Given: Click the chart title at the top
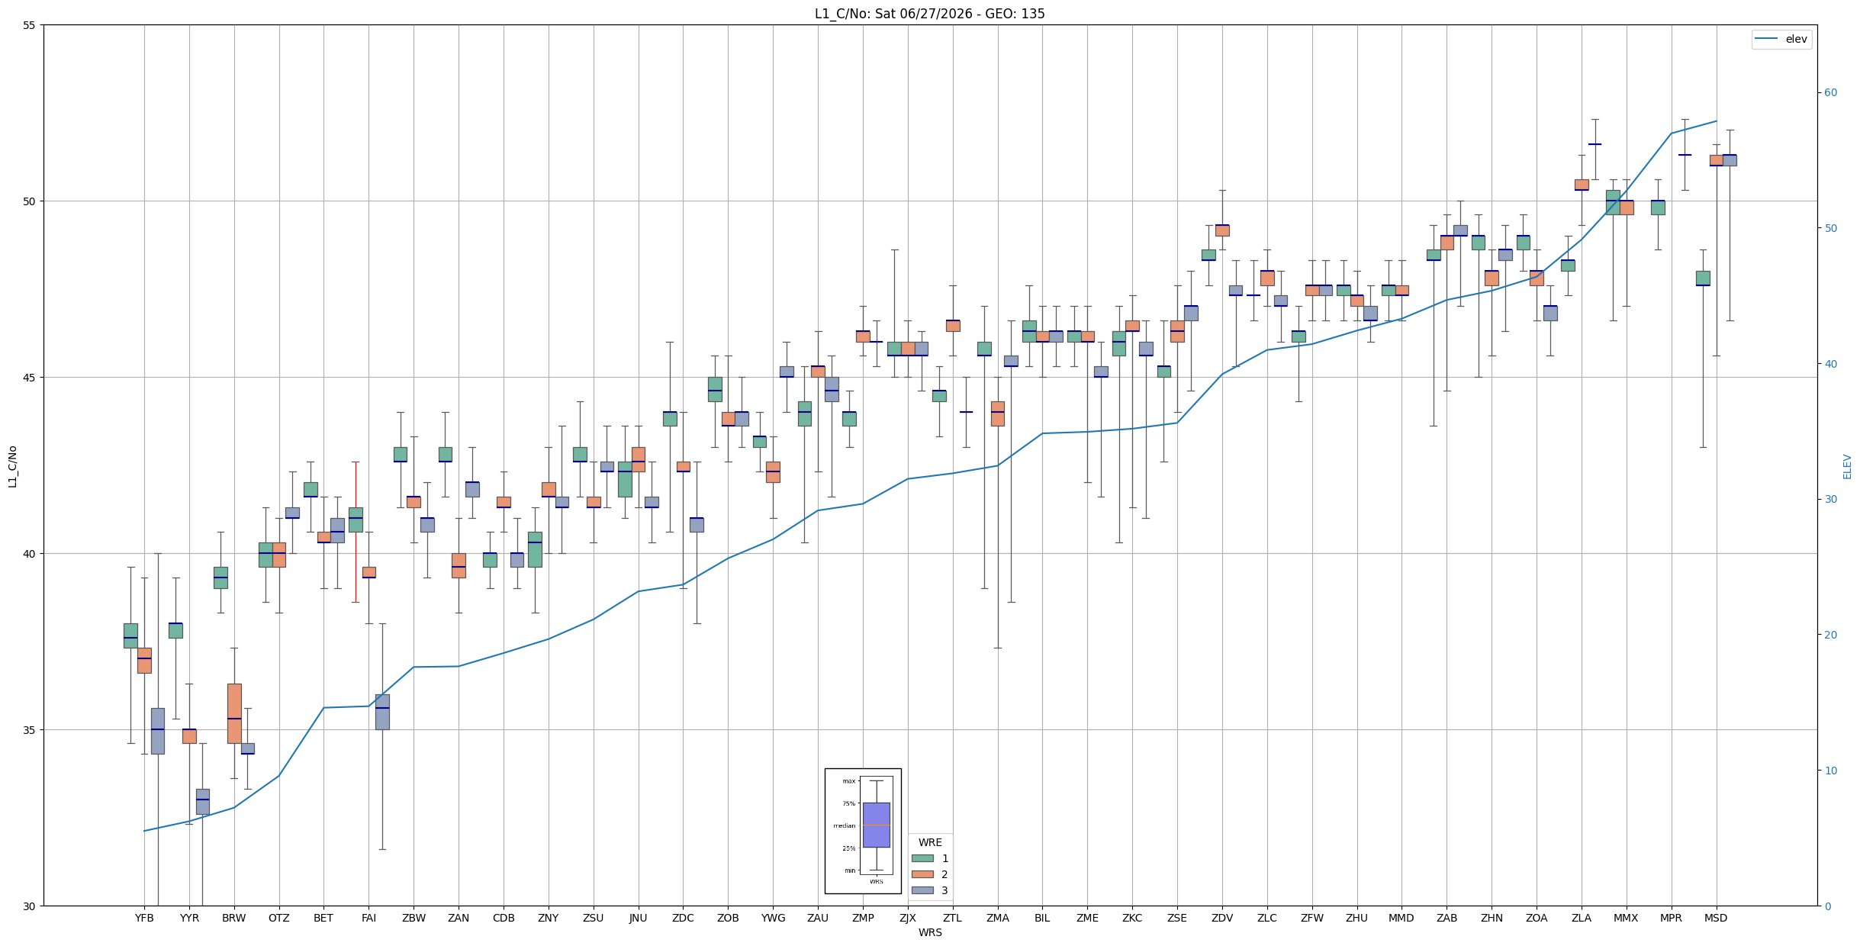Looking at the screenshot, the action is coord(929,14).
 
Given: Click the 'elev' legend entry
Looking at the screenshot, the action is coord(1781,39).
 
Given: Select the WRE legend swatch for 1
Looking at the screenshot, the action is coord(922,858).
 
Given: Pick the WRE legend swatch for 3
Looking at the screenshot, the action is coord(922,890).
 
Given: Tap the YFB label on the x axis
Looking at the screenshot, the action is coord(144,918).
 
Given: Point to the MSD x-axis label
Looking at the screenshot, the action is coord(1716,918).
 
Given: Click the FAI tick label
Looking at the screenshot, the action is coord(368,918).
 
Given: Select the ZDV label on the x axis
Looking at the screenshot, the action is coord(1222,918).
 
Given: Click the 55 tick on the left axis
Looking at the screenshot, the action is coord(30,25).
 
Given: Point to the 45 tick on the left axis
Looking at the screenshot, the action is coord(30,378).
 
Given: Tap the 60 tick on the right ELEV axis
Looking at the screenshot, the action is coord(1830,93).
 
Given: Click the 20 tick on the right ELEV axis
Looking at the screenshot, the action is coord(1830,635).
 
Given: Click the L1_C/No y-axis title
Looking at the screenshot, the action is coord(12,466).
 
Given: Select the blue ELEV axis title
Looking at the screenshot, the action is coord(1847,466).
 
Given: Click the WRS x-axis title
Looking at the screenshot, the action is coord(930,932).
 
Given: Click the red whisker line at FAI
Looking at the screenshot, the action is coord(355,532).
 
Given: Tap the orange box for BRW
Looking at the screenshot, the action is coord(234,713).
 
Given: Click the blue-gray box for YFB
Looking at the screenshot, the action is coord(157,731).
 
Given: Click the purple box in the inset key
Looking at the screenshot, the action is coord(876,825).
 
